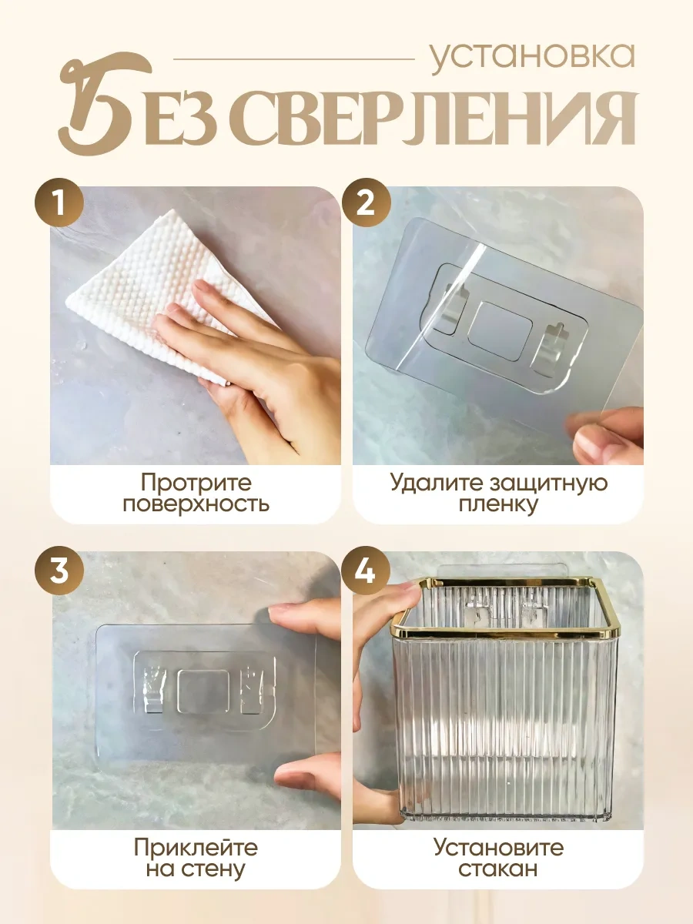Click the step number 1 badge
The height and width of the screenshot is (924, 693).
tap(59, 203)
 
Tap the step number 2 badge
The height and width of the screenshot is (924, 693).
tap(366, 203)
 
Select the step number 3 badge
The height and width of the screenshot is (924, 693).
tap(59, 571)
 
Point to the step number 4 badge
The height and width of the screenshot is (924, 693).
tap(366, 571)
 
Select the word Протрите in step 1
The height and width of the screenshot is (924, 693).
tap(196, 483)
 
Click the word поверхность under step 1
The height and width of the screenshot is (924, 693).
tap(196, 504)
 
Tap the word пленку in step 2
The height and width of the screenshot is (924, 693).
tap(498, 504)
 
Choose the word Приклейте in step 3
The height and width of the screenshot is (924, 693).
tap(196, 848)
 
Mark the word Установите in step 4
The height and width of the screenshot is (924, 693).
tap(499, 847)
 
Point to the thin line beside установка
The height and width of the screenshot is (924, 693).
tap(294, 59)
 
